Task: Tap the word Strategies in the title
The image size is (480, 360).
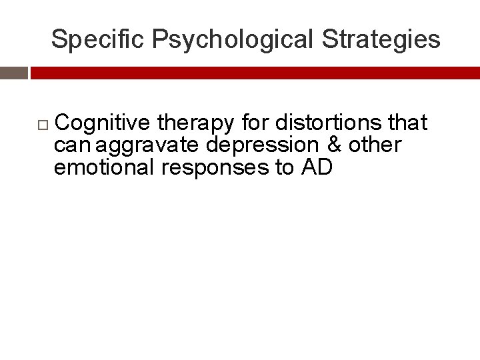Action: tap(381, 40)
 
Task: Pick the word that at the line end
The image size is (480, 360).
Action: tap(406, 123)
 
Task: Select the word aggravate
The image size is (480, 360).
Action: tap(147, 145)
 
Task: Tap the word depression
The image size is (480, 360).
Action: tap(262, 145)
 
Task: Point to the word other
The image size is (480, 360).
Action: tap(375, 145)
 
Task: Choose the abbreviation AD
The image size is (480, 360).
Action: tap(317, 167)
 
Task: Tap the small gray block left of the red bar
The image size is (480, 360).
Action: tap(13, 73)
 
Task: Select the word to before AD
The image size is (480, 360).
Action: tap(285, 167)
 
